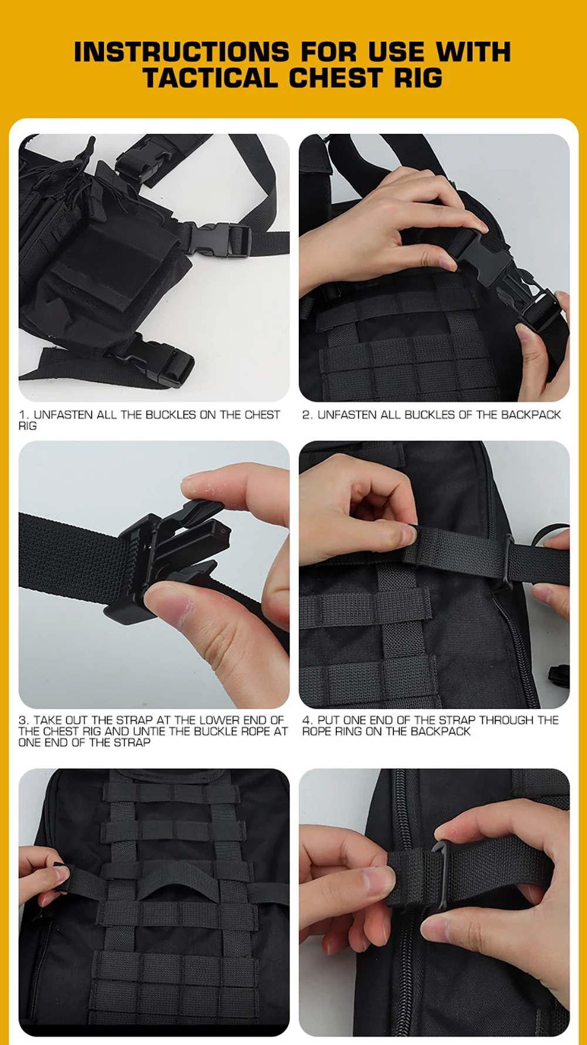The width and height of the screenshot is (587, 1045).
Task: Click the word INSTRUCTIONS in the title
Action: coord(181,52)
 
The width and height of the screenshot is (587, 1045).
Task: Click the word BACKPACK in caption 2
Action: coord(531,415)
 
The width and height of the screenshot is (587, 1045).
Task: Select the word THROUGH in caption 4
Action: coord(507,720)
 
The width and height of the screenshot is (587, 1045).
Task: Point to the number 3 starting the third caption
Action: coord(22,720)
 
